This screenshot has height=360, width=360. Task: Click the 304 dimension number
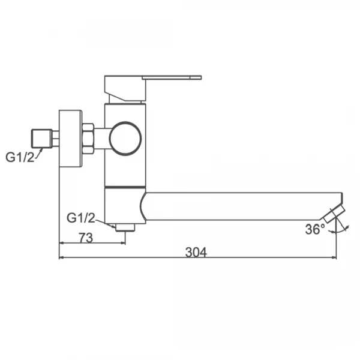coord(196,252)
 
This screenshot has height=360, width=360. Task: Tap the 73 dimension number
coord(86,238)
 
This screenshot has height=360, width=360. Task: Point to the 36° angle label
coord(315,229)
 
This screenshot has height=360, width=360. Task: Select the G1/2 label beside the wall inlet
coord(20,157)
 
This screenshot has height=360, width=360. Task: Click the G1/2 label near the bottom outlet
coord(80,218)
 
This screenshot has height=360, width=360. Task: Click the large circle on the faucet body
coord(125,139)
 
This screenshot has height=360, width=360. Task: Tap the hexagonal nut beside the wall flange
coord(88,139)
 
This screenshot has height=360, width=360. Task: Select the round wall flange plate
coord(70,139)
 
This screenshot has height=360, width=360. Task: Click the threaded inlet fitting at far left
coord(41,139)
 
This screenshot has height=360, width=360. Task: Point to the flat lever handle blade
coord(172,77)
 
